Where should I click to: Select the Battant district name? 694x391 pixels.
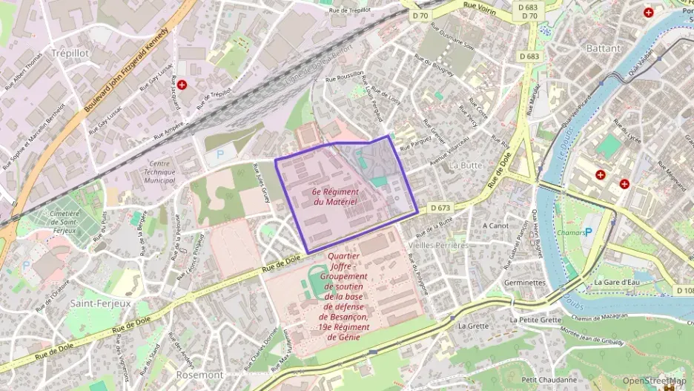coord(604,48)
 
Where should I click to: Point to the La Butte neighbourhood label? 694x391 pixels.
coord(466,165)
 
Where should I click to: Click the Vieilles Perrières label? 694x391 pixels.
coord(438,245)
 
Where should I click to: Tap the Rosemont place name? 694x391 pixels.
coord(199,375)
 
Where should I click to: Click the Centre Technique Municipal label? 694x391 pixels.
coord(151,171)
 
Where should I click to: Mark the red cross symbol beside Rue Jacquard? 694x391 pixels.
coord(182,85)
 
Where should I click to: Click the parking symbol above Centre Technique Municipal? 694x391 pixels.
coord(219,157)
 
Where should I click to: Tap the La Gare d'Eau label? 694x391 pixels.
coord(617,282)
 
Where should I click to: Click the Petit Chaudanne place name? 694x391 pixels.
coord(549,380)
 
